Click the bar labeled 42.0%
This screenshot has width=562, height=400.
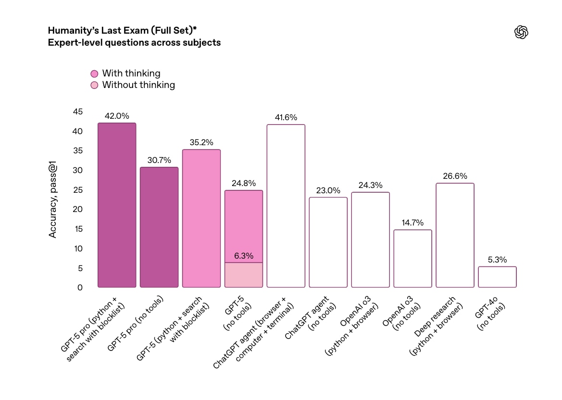[117, 205]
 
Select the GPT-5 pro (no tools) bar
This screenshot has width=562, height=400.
[159, 227]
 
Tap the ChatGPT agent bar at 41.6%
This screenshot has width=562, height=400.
[286, 206]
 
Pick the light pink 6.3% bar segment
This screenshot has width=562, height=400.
[244, 275]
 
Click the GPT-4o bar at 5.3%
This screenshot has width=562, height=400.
[497, 277]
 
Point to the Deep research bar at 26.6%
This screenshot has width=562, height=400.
[455, 235]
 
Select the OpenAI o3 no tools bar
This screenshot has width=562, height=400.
[412, 259]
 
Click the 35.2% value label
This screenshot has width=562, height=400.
[201, 142]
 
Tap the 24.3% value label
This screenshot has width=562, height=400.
[371, 185]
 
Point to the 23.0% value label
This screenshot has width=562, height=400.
[328, 190]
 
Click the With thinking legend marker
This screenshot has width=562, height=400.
[94, 74]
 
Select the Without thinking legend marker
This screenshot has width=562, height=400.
[94, 85]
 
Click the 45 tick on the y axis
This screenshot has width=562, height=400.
[78, 112]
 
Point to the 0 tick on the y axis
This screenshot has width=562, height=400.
[80, 287]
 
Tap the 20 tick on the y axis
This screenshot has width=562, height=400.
[78, 209]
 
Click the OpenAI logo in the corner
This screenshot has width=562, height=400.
[521, 32]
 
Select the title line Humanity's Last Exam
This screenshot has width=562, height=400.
[122, 30]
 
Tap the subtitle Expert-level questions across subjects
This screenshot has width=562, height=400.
[135, 42]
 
